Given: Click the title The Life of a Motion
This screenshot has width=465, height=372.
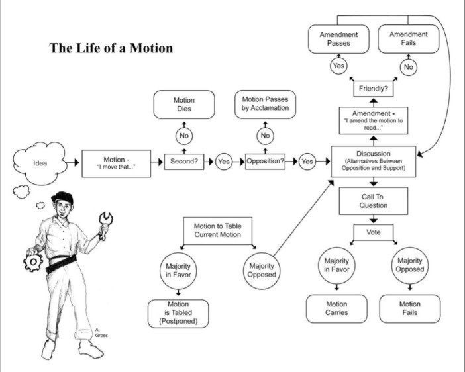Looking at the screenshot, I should pos(111,48).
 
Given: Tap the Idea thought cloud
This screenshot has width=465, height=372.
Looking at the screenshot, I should pos(40,163).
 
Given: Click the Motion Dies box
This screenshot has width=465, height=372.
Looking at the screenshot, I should pos(184,105).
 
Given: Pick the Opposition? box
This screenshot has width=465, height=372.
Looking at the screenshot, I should pos(265,162).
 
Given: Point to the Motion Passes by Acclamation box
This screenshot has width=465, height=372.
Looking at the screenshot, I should pos(265,104).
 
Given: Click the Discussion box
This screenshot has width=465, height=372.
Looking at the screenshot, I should pos(374,161).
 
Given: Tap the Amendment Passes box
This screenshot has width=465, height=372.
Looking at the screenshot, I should pos(338,38).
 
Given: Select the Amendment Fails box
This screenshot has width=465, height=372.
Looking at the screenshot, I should pos(409,38).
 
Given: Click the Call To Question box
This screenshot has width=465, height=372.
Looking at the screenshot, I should pos(374,201).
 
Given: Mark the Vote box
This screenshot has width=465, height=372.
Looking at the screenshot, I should pos(374,232).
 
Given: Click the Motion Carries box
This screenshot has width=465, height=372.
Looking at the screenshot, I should pos(336,308).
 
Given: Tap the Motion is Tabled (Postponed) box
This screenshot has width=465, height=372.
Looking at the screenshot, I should pos(178,313).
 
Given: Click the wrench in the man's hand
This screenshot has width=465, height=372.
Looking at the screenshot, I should pos(105,222).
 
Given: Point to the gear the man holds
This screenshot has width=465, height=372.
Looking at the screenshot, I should pos(32,263).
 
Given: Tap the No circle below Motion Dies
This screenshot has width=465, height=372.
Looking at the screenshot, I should pos(184,136).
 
